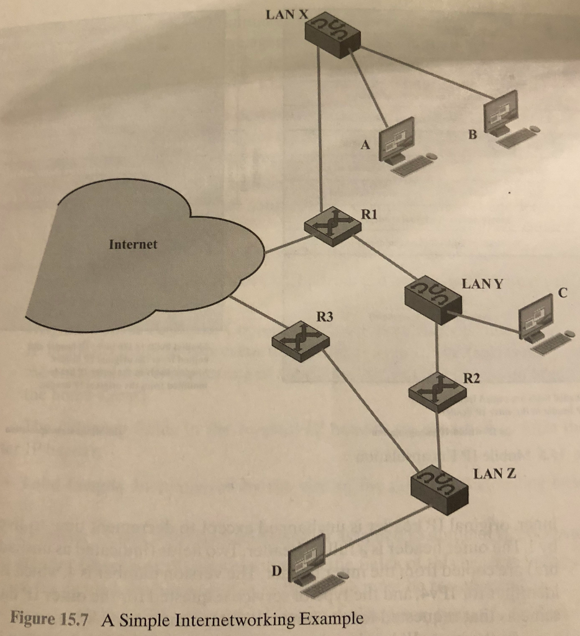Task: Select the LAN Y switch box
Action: [x=433, y=299]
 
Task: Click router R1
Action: [x=333, y=226]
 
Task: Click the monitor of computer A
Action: [x=397, y=137]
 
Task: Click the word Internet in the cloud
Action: [x=133, y=244]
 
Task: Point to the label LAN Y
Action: [x=483, y=284]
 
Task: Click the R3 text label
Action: [x=325, y=318]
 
